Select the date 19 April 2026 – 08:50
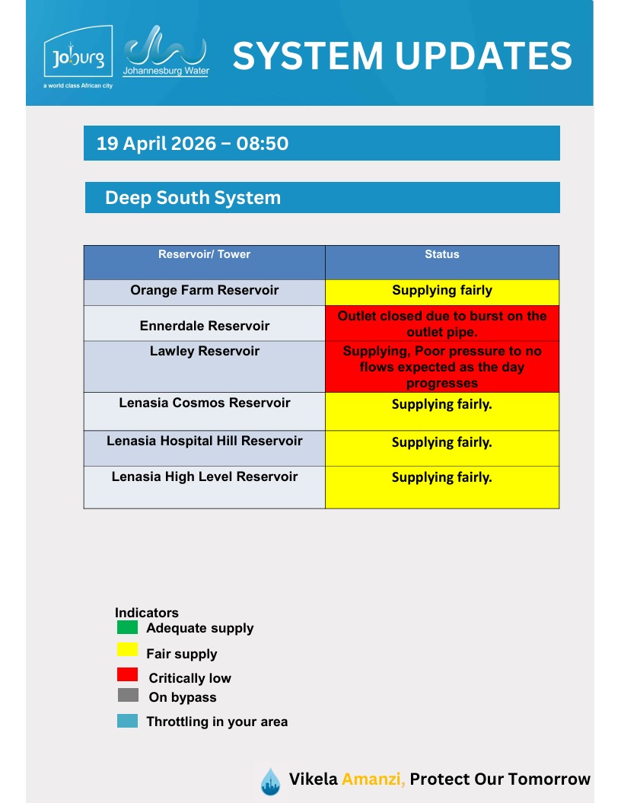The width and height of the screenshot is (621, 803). pyautogui.click(x=193, y=143)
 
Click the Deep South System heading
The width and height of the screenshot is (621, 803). pyautogui.click(x=193, y=198)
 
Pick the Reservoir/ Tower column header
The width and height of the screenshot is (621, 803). pyautogui.click(x=204, y=255)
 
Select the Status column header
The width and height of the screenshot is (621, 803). pyautogui.click(x=441, y=255)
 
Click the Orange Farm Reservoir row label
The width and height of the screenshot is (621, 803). pyautogui.click(x=204, y=290)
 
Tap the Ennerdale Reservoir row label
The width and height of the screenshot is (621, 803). pyautogui.click(x=204, y=326)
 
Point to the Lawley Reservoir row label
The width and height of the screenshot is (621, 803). pyautogui.click(x=204, y=352)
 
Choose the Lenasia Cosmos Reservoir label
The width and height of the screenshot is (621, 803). pyautogui.click(x=204, y=403)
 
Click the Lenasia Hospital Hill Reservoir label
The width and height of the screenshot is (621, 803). pyautogui.click(x=204, y=441)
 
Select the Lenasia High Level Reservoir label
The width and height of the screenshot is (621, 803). pyautogui.click(x=204, y=476)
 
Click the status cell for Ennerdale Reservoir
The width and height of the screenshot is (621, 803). pyautogui.click(x=441, y=323)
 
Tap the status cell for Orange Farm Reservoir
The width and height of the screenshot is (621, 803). pyautogui.click(x=441, y=291)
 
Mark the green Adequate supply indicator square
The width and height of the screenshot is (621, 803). pyautogui.click(x=127, y=628)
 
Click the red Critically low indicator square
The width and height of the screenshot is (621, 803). pyautogui.click(x=127, y=674)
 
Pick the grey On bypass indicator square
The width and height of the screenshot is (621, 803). pyautogui.click(x=127, y=695)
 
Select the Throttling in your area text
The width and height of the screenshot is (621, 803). pyautogui.click(x=217, y=722)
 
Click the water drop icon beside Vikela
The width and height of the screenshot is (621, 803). pyautogui.click(x=270, y=781)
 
